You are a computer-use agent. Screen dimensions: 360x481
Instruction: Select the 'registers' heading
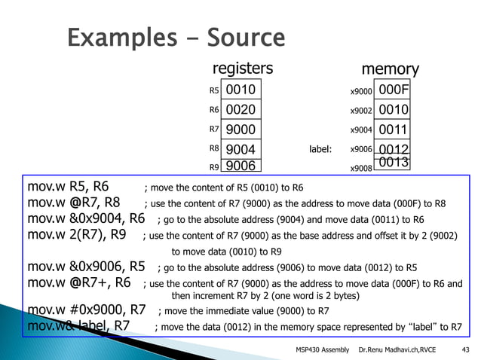coord(242,69)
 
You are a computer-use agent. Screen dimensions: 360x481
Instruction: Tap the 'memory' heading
coord(390,69)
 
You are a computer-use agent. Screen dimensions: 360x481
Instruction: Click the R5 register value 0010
coord(241,90)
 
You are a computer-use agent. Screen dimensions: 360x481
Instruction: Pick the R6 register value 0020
coord(241,110)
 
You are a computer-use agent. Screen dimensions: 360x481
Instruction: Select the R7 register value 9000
coord(241,130)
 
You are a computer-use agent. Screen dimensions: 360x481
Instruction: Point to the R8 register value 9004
coord(241,149)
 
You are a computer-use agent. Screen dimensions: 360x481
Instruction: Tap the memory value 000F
coord(393,90)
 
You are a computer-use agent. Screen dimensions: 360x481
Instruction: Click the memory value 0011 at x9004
coord(393,130)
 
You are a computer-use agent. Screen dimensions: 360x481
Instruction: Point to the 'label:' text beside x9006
coord(320,150)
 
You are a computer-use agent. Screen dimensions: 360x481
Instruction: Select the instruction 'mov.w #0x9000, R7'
coord(87,309)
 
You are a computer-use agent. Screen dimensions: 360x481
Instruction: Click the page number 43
coord(464,349)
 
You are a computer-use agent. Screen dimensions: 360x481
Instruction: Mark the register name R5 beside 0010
coord(213,91)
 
